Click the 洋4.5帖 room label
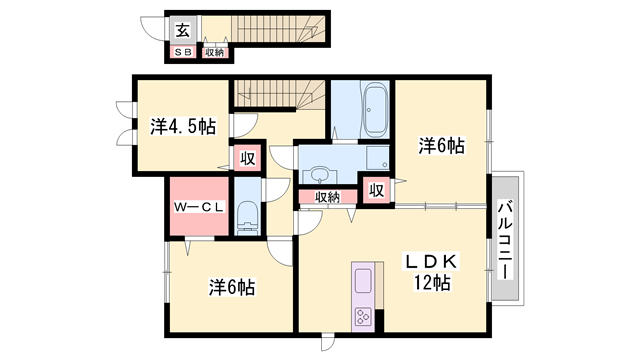point(183,127)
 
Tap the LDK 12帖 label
point(430,272)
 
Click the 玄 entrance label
point(185,29)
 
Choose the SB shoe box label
point(184,52)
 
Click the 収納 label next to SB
point(214,52)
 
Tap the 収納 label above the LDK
point(327,197)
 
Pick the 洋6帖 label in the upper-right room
point(441,146)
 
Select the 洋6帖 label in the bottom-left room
point(232,288)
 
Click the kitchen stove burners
point(361,318)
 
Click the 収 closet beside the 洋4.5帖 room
point(245,159)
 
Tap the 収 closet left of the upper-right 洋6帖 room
point(376,189)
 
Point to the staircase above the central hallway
point(280,95)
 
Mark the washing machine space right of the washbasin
point(377,160)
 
